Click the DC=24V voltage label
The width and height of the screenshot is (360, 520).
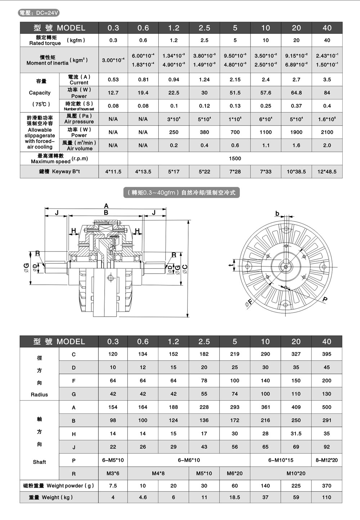pos(39,13)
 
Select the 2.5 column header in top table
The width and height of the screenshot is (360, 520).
pos(204,28)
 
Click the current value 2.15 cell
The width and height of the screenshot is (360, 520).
pos(235,80)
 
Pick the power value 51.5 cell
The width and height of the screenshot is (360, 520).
pos(235,93)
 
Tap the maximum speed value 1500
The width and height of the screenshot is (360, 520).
pos(235,158)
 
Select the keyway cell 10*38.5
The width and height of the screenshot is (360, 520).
pos(296,172)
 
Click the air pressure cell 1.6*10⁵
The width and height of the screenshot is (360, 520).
pos(327,119)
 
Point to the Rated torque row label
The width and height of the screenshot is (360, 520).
pos(46,40)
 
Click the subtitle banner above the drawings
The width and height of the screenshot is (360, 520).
pos(181,193)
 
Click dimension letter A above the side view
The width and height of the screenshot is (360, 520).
pos(106,206)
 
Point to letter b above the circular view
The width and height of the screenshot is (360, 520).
pos(277,213)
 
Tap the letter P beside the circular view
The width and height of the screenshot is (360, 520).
pos(325,299)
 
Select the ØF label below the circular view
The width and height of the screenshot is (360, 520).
pos(248,303)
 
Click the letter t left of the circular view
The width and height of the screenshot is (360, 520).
pos(230,266)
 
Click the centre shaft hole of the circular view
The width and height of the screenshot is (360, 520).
pos(285,267)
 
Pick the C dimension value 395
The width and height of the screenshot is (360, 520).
pos(327,354)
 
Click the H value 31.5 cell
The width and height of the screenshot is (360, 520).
pos(296,434)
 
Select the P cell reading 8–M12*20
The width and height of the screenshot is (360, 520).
pos(327,460)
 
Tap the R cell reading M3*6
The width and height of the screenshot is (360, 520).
pos(113,474)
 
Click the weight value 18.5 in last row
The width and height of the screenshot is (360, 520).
pos(235,497)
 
